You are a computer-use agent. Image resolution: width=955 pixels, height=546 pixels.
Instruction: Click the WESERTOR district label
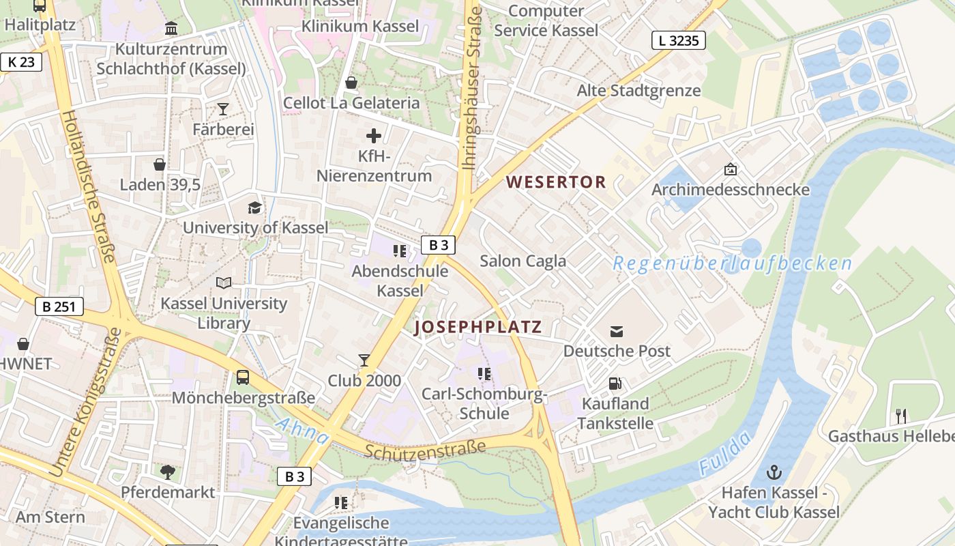coord(556,182)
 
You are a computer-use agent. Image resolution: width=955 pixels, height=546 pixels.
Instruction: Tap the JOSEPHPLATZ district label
coord(478,327)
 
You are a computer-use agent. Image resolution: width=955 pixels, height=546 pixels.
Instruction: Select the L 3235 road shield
coord(678,41)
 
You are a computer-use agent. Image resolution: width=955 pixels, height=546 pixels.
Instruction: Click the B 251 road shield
coord(59,306)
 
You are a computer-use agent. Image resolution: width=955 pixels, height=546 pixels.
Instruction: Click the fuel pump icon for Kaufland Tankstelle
coord(615,384)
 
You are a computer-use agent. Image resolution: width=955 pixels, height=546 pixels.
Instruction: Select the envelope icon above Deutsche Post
coord(617,332)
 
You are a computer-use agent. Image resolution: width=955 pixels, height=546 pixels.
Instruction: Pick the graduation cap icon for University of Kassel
coord(254,207)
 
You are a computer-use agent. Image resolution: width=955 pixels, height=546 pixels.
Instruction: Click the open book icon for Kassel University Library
coord(224,283)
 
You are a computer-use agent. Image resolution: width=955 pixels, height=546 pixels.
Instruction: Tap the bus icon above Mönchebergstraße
coord(242,377)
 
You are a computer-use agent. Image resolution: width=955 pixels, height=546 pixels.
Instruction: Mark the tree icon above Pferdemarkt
coord(167,472)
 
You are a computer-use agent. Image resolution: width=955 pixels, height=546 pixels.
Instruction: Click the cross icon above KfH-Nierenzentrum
coord(374,136)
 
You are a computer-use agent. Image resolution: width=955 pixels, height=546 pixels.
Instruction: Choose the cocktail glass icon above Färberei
coord(222,109)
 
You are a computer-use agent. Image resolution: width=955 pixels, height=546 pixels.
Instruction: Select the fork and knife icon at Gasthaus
coord(900,416)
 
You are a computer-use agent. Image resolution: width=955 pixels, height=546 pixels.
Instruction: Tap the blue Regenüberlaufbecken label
coord(732,263)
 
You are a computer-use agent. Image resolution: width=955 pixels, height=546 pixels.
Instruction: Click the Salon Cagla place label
coord(523,261)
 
